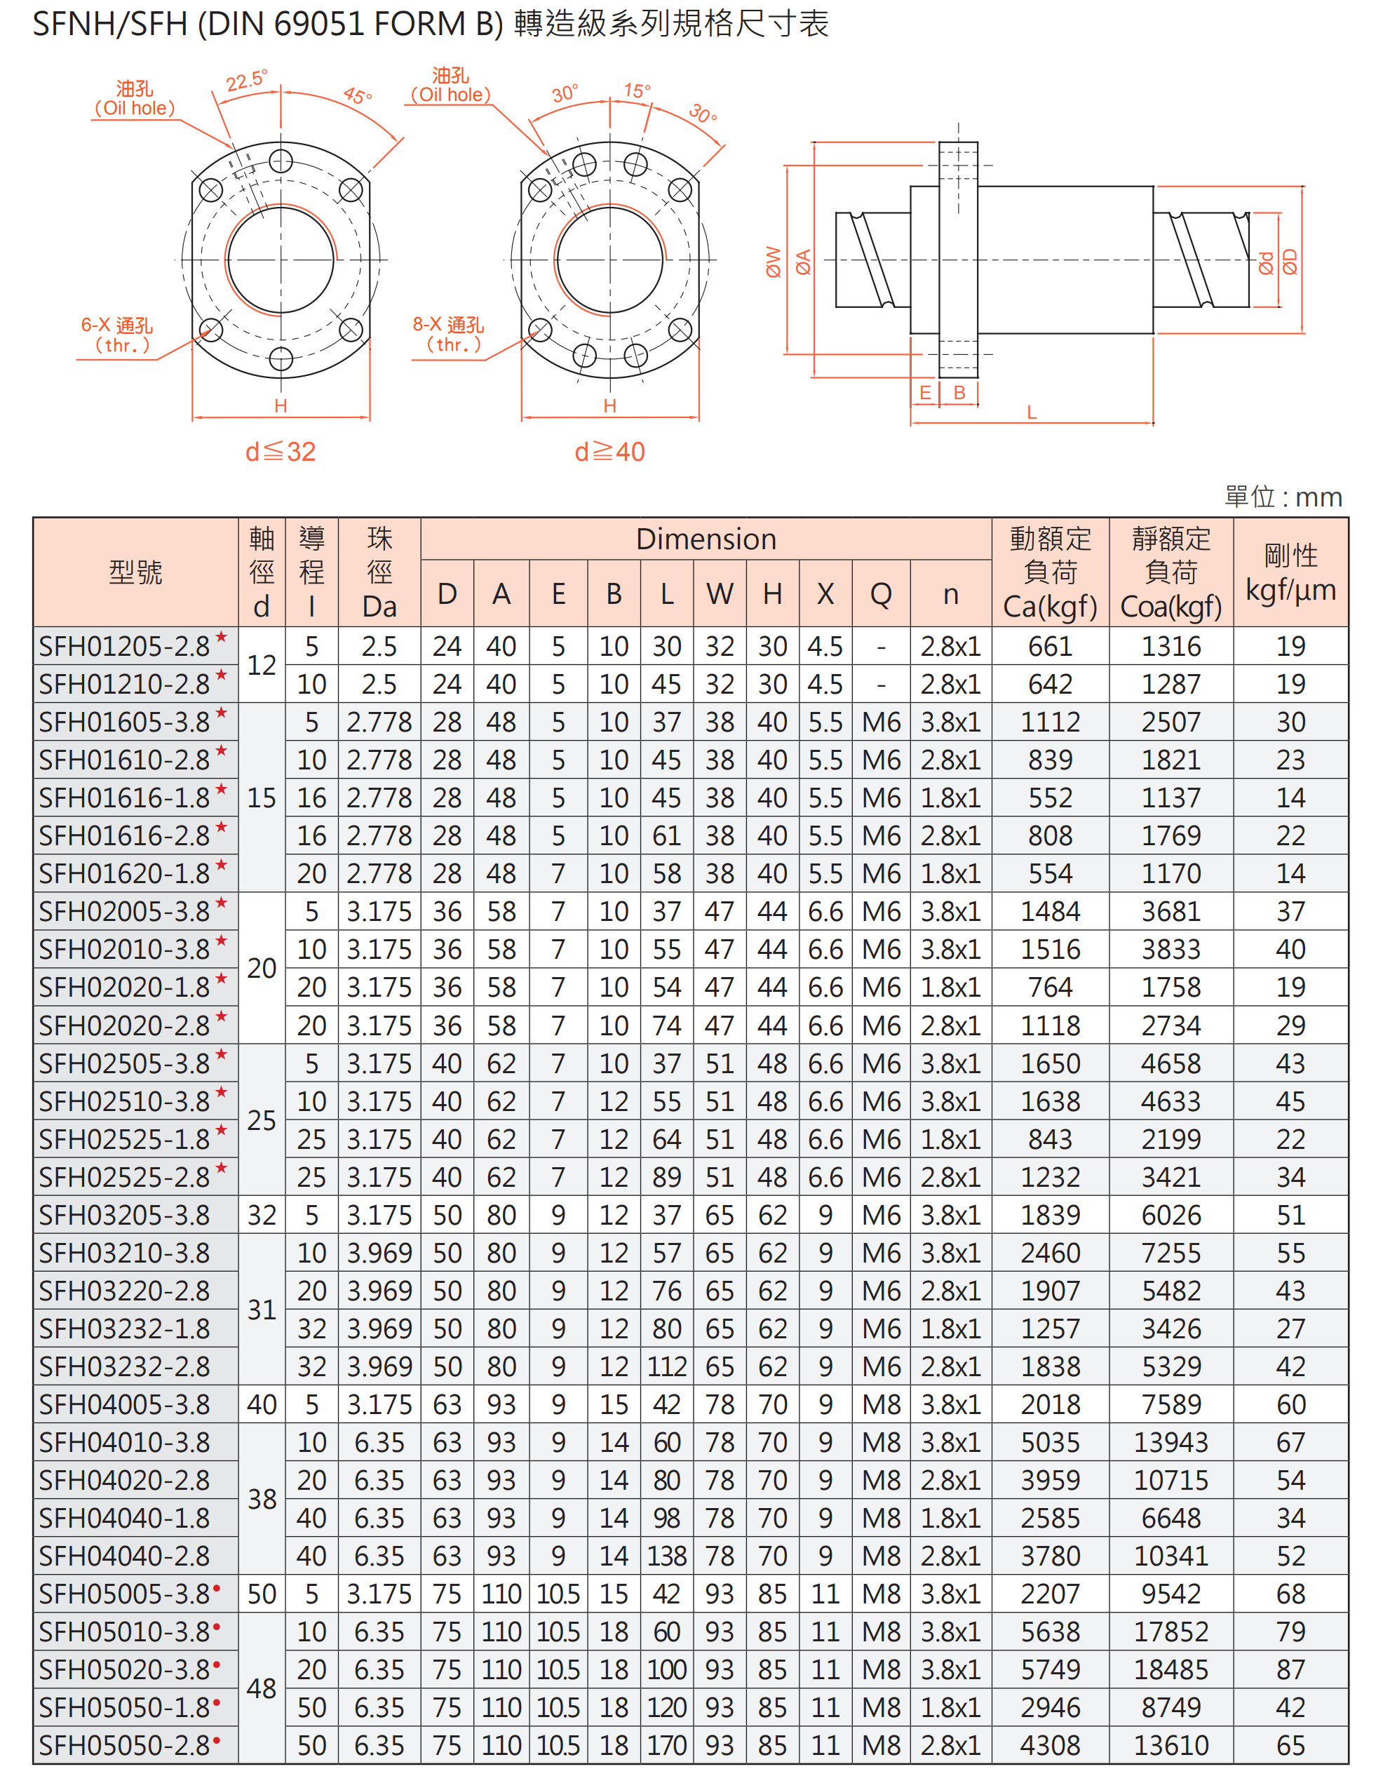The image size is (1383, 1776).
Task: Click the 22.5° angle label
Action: coord(245,81)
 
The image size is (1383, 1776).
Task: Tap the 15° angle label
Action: coord(637,90)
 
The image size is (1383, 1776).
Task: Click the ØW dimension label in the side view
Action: coord(774,262)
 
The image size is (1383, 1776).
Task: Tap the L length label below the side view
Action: coord(1031,412)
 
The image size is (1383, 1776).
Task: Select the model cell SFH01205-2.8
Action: coord(124,647)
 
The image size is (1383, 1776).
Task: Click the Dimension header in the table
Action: coord(706,539)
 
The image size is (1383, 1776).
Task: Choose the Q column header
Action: coord(881,594)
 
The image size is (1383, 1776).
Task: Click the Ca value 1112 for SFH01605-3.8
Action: coord(1050,722)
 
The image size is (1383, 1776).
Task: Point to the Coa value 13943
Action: coord(1171,1443)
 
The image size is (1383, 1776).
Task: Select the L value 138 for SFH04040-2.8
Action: coord(667,1556)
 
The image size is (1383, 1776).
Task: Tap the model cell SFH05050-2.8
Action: coord(124,1746)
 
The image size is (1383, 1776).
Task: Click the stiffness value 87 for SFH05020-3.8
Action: coord(1290,1670)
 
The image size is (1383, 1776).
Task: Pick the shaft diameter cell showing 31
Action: coord(262,1310)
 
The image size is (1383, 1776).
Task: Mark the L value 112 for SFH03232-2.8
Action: coord(667,1367)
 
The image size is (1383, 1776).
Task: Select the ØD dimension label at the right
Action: coord(1290,262)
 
